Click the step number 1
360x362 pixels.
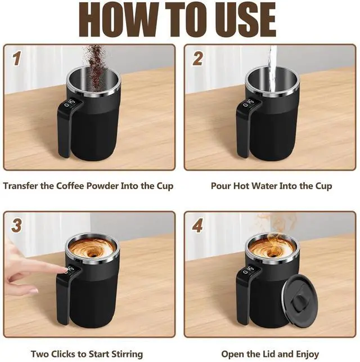pyautogui.click(x=17, y=58)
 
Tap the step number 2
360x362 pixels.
pyautogui.click(x=198, y=58)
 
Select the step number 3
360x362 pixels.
pyautogui.click(x=17, y=225)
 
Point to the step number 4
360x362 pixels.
pyautogui.click(x=198, y=225)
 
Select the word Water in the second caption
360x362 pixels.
pyautogui.click(x=264, y=186)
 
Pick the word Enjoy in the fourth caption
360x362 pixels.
pyautogui.click(x=308, y=354)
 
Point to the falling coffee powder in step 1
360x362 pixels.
pyautogui.click(x=94, y=67)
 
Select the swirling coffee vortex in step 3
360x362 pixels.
pyautogui.click(x=92, y=250)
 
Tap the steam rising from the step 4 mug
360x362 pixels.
pyautogui.click(x=274, y=229)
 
